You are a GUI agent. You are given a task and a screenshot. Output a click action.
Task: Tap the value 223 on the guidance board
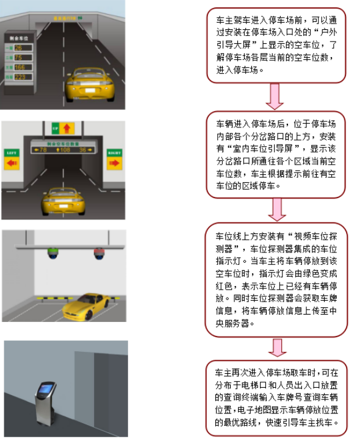tap(20, 77)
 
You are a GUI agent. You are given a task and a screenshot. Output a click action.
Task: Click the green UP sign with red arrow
tap(63, 129)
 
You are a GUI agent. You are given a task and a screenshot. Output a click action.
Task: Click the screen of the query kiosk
tap(45, 388)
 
